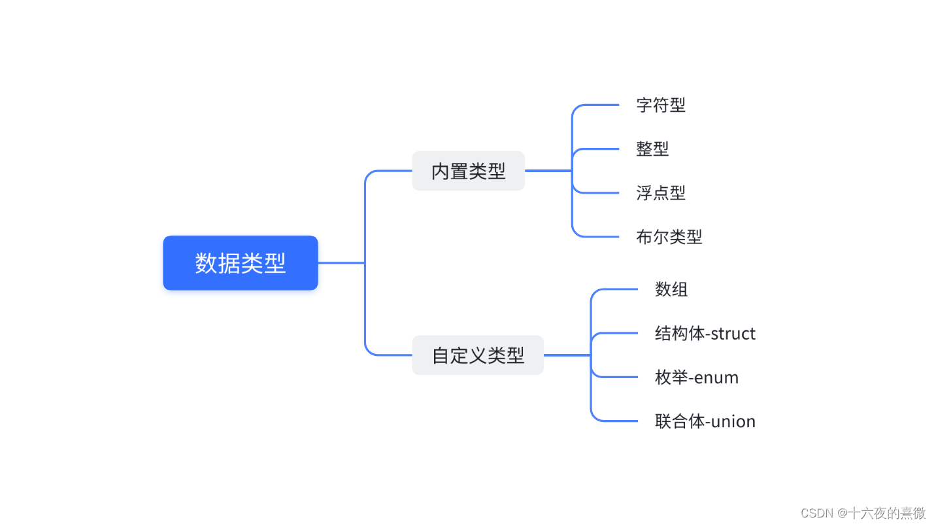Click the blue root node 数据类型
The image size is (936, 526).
pos(240,263)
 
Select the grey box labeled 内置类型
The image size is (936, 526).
pos(468,171)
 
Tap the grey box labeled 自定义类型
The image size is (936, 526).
pos(477,355)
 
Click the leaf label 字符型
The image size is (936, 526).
pos(661,105)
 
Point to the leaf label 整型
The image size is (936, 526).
pos(652,149)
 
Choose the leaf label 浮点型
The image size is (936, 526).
pos(661,193)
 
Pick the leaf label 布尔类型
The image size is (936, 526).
pos(669,237)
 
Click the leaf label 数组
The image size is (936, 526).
pos(671,289)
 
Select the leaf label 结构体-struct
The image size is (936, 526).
pos(705,334)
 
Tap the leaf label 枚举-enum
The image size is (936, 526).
pos(697,377)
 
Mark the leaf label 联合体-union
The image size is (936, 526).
pos(705,421)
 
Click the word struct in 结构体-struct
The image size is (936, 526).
pos(733,334)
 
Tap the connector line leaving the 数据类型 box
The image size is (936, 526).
pos(341,263)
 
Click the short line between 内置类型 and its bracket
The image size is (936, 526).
pos(548,171)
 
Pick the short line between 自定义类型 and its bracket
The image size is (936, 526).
pos(567,355)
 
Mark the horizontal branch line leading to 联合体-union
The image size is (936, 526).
pos(618,421)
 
